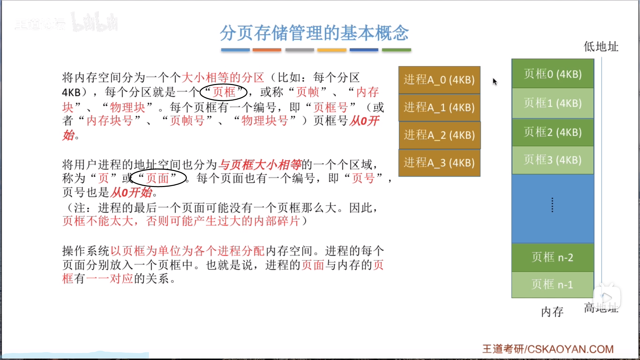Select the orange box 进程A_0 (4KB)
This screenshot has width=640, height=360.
click(x=439, y=80)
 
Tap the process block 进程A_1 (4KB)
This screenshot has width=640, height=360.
click(x=439, y=107)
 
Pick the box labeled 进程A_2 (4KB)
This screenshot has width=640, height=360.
click(x=439, y=135)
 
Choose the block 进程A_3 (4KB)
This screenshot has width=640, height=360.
click(x=439, y=163)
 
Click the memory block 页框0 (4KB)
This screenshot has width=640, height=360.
click(x=553, y=74)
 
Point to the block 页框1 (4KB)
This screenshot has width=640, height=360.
click(x=553, y=103)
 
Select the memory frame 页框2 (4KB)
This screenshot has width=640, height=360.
click(x=553, y=132)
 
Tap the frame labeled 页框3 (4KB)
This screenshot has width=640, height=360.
click(x=553, y=160)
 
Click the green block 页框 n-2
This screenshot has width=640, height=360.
click(x=553, y=257)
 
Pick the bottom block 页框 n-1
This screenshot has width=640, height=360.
click(x=553, y=285)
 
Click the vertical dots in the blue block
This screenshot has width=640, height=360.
click(x=552, y=205)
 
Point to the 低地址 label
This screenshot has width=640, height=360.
click(x=601, y=47)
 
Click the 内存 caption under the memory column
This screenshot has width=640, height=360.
click(x=552, y=312)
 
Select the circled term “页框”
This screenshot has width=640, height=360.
click(x=223, y=92)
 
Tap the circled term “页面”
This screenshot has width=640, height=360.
click(x=158, y=178)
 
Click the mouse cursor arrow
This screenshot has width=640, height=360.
click(x=495, y=82)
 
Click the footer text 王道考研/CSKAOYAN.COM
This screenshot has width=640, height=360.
click(x=548, y=349)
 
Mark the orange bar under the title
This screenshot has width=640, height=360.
click(x=267, y=50)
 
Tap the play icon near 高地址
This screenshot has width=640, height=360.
click(x=607, y=297)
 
